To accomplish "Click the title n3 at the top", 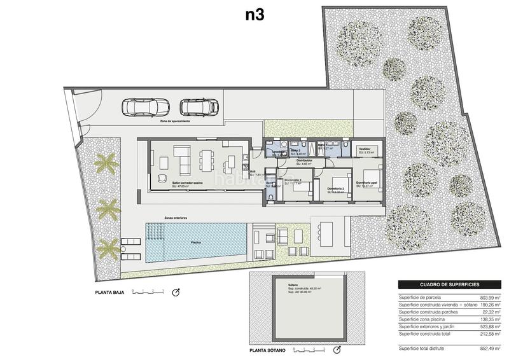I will pyautogui.click(x=255, y=15).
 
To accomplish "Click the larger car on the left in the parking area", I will pyautogui.click(x=146, y=108).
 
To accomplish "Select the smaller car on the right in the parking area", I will pyautogui.click(x=199, y=108).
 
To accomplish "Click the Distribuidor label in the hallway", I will pyautogui.click(x=303, y=160).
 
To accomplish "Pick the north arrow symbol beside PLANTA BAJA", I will pyautogui.click(x=177, y=293).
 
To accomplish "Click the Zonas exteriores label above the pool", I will pyautogui.click(x=176, y=218).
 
